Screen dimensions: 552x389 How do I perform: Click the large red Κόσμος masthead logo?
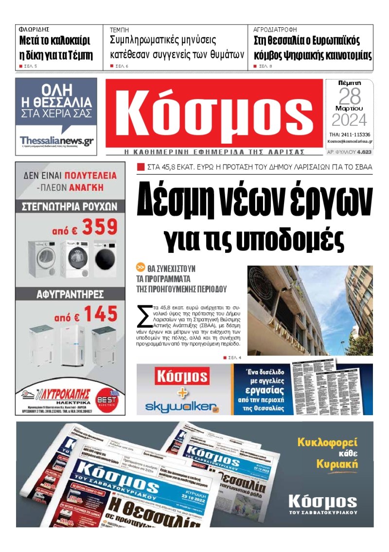pos(214,113)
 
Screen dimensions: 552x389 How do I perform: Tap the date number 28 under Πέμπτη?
pos(349,97)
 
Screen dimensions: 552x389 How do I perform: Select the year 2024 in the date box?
pos(349,119)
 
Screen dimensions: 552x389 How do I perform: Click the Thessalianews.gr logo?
pos(56,141)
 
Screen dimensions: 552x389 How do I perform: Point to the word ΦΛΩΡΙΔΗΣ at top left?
pos(34,30)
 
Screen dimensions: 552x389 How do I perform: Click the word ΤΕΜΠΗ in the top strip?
pos(119,30)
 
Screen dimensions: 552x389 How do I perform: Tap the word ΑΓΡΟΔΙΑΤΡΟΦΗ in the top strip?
pos(275,30)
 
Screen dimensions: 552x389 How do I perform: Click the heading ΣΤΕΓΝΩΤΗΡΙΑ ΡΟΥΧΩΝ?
pos(70,206)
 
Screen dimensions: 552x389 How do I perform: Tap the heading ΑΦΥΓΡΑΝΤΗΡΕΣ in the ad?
pos(70,294)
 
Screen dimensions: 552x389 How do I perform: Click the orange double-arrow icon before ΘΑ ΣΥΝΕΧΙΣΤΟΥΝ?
pos(141,268)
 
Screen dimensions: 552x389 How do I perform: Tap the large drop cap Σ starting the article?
pos(144,317)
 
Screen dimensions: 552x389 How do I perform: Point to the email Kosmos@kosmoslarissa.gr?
pos(350,142)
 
